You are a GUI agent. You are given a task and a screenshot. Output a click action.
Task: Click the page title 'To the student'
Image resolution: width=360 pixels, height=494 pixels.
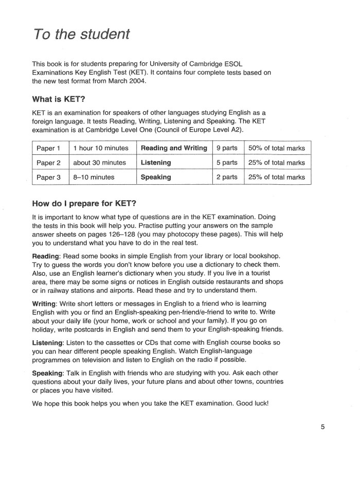81,35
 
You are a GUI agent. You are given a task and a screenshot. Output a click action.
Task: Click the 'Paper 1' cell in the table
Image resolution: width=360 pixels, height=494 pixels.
49,148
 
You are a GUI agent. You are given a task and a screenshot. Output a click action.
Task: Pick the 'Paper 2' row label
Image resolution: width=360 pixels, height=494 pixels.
49,163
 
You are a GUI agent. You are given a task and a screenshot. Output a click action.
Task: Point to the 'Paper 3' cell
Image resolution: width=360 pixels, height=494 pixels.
49,177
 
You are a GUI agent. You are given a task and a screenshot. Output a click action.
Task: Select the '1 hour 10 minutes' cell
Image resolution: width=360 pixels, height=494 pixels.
101,148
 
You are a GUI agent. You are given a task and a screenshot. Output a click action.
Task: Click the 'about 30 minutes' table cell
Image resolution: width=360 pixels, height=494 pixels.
100,163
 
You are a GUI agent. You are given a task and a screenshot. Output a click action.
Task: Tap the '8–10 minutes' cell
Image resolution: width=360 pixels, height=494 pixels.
94,177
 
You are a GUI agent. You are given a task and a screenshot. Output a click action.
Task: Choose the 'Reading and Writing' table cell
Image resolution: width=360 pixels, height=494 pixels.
174,148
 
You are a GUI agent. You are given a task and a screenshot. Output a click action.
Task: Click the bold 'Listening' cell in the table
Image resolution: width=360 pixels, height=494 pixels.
156,163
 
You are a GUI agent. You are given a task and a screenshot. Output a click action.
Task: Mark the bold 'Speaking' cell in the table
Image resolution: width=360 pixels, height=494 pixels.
156,177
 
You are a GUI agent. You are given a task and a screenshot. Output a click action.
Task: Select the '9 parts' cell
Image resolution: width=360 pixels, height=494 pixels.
227,148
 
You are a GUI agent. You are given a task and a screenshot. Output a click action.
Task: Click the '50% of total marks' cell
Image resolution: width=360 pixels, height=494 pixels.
277,148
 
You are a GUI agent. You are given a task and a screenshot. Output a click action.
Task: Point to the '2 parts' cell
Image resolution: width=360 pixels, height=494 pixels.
227,177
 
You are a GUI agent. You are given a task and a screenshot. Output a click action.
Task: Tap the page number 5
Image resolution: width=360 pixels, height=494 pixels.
322,426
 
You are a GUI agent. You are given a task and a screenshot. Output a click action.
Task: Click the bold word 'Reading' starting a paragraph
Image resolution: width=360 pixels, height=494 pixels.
46,256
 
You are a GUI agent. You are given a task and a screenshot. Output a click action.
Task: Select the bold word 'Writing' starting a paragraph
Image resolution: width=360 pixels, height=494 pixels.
45,303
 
